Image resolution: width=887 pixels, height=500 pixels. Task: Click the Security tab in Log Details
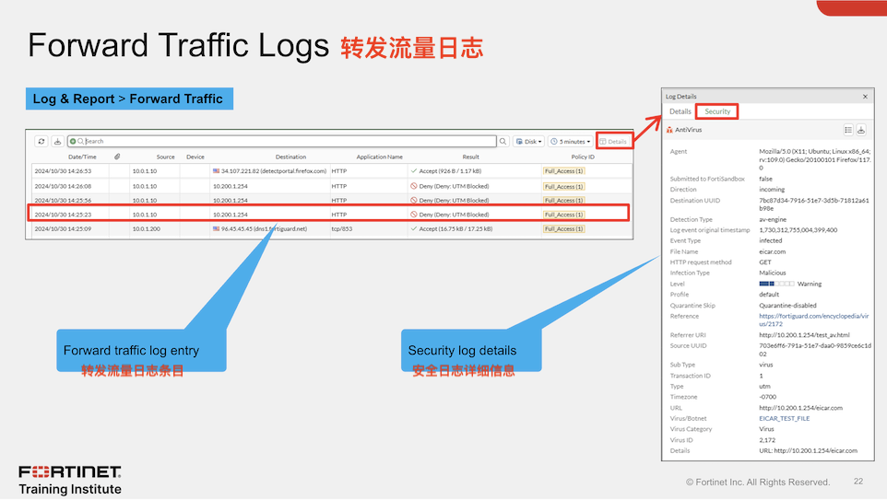(x=717, y=111)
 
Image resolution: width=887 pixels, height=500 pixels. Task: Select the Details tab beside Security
(x=680, y=111)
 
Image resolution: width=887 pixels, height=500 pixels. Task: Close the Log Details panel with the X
(x=865, y=96)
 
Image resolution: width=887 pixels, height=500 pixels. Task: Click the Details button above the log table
(x=614, y=141)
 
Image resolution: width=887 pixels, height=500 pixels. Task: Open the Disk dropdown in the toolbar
(x=529, y=141)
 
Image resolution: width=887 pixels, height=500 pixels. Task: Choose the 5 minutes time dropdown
(x=571, y=141)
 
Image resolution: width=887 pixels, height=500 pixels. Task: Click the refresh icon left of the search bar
(x=41, y=141)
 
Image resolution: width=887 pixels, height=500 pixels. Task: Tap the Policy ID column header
(x=583, y=157)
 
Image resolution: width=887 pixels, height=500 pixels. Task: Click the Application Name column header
(x=380, y=157)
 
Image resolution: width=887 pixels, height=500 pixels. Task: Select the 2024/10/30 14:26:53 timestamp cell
(x=63, y=171)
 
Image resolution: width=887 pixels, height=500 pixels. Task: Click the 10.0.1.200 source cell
(x=146, y=228)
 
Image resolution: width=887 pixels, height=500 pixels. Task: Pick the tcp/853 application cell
(x=343, y=228)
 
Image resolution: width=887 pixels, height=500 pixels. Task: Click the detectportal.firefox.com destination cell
(x=273, y=171)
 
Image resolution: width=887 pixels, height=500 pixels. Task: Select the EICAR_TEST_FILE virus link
(x=784, y=418)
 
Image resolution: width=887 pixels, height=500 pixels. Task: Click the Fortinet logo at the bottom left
(x=70, y=471)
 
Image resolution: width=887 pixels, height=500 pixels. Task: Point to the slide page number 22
(x=858, y=482)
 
